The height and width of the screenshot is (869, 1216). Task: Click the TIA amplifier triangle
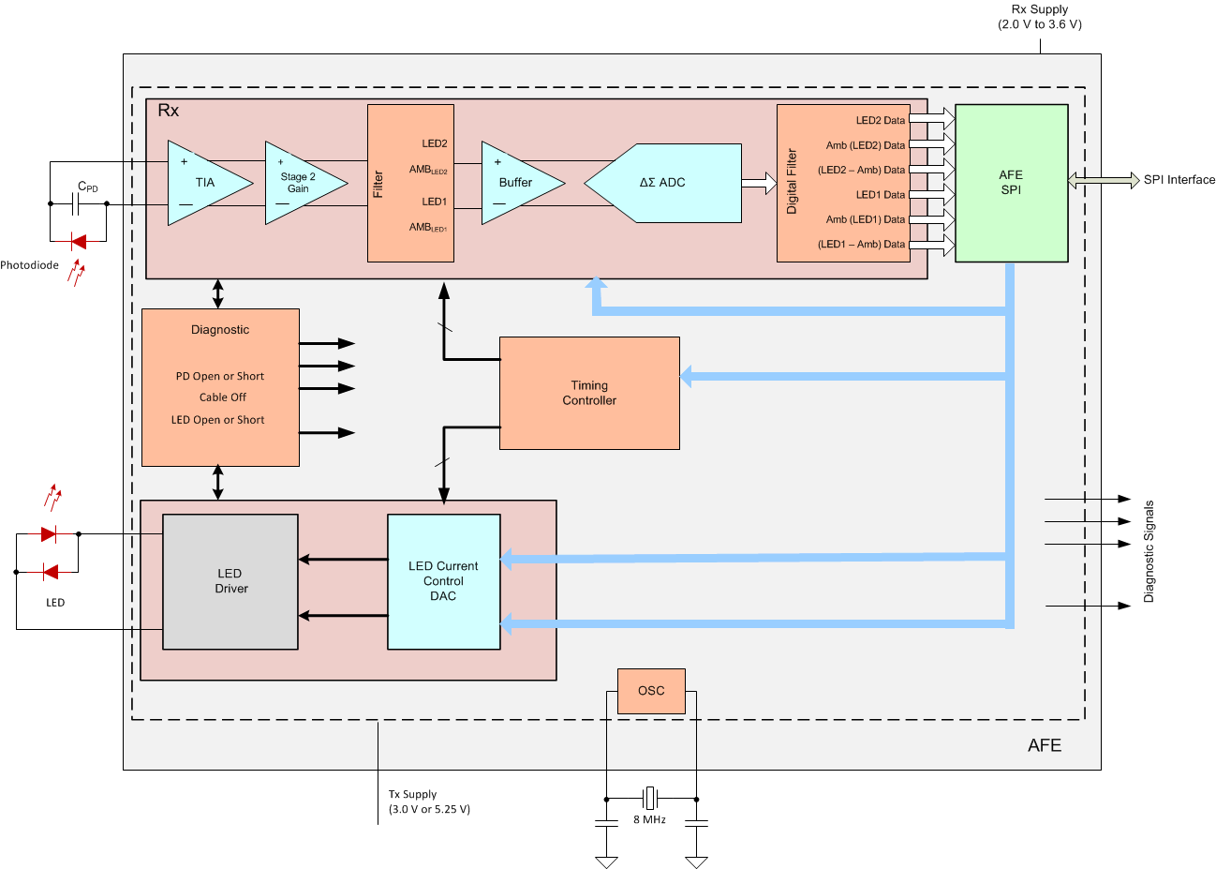pyautogui.click(x=204, y=183)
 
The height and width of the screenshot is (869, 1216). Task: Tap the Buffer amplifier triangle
pyautogui.click(x=515, y=183)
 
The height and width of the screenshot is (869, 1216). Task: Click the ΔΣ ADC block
pyautogui.click(x=670, y=183)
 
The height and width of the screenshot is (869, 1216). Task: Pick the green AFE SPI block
pyautogui.click(x=1011, y=183)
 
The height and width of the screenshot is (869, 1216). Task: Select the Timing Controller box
pyautogui.click(x=589, y=393)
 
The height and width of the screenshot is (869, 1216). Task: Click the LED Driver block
pyautogui.click(x=230, y=581)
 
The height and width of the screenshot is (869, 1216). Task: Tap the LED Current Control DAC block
pyautogui.click(x=443, y=581)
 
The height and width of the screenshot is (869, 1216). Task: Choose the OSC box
pyautogui.click(x=651, y=691)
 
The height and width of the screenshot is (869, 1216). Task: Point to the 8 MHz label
pyautogui.click(x=649, y=819)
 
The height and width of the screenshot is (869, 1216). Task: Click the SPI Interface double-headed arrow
pyautogui.click(x=1104, y=180)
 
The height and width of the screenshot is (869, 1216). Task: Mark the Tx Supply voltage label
pyautogui.click(x=429, y=802)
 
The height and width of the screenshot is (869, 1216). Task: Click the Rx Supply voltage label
pyautogui.click(x=1040, y=17)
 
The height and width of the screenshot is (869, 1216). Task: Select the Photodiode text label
pyautogui.click(x=29, y=265)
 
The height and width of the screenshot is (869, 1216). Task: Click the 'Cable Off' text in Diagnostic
pyautogui.click(x=222, y=397)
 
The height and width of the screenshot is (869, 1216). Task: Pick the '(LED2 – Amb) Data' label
pyautogui.click(x=861, y=171)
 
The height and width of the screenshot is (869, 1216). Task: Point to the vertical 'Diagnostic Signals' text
pyautogui.click(x=1149, y=551)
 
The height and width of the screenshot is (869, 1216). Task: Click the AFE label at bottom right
pyautogui.click(x=1045, y=745)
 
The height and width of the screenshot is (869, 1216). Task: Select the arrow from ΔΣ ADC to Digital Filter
pyautogui.click(x=759, y=183)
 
